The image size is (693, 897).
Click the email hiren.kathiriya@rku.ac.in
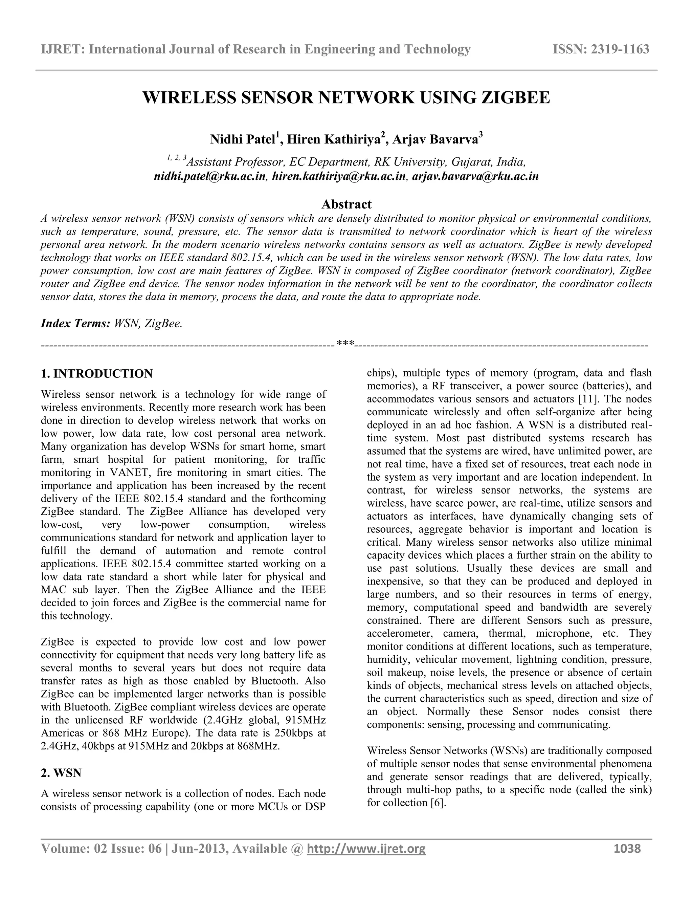[x=339, y=177]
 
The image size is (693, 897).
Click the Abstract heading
[x=346, y=204]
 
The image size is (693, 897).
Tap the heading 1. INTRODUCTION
[x=97, y=374]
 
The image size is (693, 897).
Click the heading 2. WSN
[x=61, y=773]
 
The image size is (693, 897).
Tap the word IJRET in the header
[x=62, y=49]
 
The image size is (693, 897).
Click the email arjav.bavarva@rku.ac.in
[x=475, y=177]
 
